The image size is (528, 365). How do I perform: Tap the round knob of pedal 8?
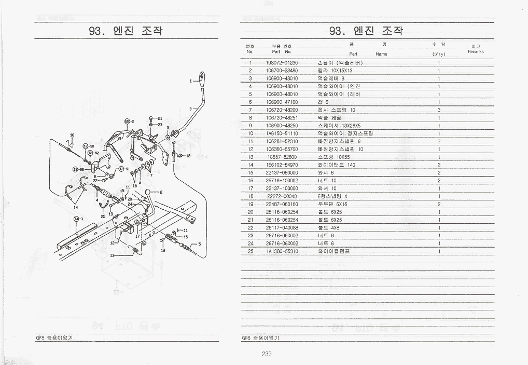148,193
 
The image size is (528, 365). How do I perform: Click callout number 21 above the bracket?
159,118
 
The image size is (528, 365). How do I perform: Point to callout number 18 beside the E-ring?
188,156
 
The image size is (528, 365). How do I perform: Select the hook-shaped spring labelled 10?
71,144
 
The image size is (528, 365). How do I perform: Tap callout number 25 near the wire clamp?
103,216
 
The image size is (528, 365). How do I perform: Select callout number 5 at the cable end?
200,244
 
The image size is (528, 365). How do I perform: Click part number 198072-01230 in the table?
282,63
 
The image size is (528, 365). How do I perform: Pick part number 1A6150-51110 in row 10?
282,133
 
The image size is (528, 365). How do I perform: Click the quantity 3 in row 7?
439,110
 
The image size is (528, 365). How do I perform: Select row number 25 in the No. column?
250,251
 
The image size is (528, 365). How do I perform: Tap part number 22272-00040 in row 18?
282,196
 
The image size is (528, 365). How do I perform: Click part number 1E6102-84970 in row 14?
282,165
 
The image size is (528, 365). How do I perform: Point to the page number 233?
267,354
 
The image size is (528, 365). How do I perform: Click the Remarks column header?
476,51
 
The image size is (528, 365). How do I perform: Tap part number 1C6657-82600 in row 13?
282,157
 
